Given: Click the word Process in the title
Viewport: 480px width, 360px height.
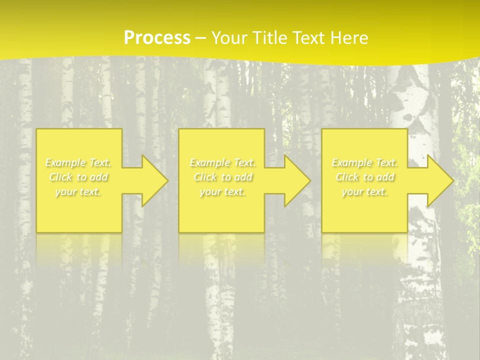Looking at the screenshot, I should (157, 38).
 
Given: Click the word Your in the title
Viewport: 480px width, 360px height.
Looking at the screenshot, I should (227, 38).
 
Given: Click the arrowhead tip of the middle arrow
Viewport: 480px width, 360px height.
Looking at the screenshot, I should (309, 180).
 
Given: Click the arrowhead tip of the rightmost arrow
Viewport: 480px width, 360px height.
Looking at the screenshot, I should (452, 180).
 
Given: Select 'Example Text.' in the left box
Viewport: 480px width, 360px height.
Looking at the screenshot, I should (78, 162).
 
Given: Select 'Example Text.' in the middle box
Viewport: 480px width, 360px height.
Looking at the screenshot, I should (222, 162).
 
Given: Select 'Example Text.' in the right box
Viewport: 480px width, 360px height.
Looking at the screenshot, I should (364, 162).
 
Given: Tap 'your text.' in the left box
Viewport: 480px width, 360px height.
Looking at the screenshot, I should (78, 191).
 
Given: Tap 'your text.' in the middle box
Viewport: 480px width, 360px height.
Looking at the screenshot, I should (222, 191).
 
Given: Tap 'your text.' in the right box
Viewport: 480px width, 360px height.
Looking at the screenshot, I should (364, 191).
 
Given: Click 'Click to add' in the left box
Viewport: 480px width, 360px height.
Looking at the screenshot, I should (78, 177).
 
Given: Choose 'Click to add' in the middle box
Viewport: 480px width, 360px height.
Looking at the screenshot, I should (222, 177).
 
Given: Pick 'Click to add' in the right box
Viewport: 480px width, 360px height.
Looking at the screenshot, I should (364, 177).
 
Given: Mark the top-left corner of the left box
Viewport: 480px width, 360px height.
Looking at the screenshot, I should (37, 129).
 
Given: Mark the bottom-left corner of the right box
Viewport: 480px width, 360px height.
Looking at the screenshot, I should (322, 231).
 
